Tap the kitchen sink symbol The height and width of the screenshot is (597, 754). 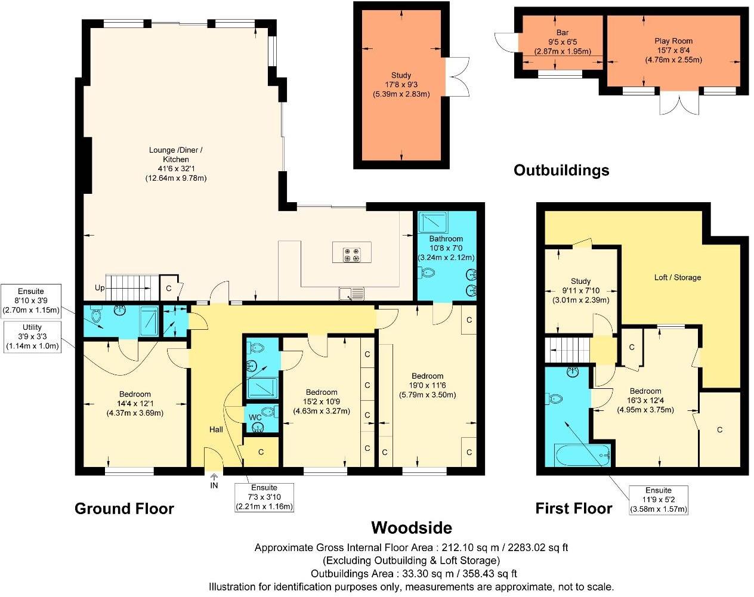pos(351,293)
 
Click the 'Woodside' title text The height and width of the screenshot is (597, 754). pos(412,527)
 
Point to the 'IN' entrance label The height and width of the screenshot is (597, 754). pos(214,485)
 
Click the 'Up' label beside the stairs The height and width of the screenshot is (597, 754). pos(100,288)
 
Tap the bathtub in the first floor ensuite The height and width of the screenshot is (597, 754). pos(582,456)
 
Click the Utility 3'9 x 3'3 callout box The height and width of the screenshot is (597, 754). pos(32,337)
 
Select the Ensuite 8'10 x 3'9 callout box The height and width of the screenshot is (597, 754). pos(32,301)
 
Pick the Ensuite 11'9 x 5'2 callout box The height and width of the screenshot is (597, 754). pos(658,500)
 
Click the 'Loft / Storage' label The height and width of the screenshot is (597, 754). pos(678,277)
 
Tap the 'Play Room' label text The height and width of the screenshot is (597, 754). pos(673,41)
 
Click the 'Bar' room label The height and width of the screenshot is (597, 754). pos(562,33)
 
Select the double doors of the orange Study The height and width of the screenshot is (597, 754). pos(458,76)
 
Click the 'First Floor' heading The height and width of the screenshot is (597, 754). pos(573,509)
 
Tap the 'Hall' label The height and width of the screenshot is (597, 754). pos(216,429)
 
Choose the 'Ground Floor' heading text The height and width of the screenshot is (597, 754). pos(124,509)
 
